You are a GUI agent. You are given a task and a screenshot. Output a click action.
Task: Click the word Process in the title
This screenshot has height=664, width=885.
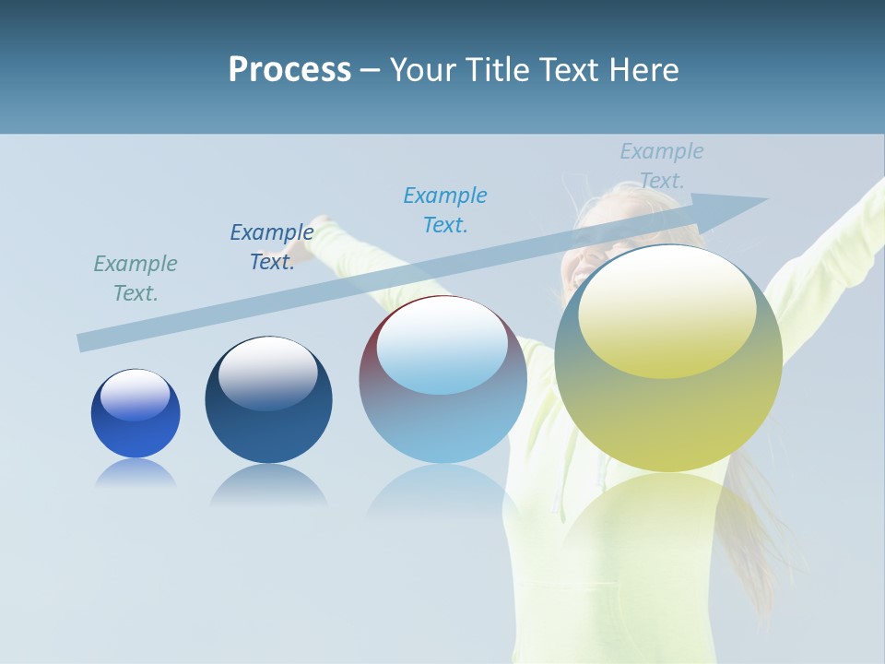(x=289, y=70)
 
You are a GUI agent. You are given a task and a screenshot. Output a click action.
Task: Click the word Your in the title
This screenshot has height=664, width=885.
(x=423, y=70)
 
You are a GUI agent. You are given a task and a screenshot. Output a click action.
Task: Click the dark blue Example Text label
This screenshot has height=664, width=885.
(x=272, y=247)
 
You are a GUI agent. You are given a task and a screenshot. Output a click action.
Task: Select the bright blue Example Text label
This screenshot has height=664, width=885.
(x=445, y=210)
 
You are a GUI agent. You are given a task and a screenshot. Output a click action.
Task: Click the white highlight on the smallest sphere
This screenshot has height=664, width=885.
(x=136, y=395)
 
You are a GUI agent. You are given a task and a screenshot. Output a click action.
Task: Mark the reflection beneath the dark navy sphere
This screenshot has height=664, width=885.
(x=268, y=484)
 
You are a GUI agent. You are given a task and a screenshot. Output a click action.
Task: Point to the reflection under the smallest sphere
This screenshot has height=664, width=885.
(x=136, y=472)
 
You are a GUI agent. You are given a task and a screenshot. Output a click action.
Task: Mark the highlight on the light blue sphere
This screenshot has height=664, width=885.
(x=442, y=346)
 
